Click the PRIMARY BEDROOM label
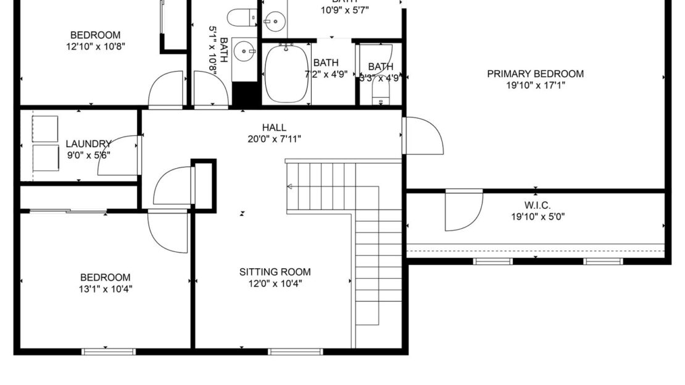pyautogui.click(x=535, y=74)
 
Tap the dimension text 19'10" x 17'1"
pyautogui.click(x=535, y=85)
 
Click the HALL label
pyautogui.click(x=273, y=127)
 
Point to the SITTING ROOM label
pyautogui.click(x=275, y=272)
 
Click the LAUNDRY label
pyautogui.click(x=88, y=143)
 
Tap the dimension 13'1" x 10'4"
pyautogui.click(x=106, y=289)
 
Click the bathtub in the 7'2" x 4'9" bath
pyautogui.click(x=287, y=75)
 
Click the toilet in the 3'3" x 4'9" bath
pyautogui.click(x=381, y=94)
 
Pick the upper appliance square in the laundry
pyautogui.click(x=45, y=129)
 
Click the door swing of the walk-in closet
pyautogui.click(x=464, y=210)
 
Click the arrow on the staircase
pyautogui.click(x=292, y=185)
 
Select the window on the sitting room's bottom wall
pyautogui.click(x=295, y=352)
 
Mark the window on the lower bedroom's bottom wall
pyautogui.click(x=109, y=352)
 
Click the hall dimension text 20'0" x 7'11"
pyautogui.click(x=273, y=139)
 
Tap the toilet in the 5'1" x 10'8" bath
pyautogui.click(x=241, y=18)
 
